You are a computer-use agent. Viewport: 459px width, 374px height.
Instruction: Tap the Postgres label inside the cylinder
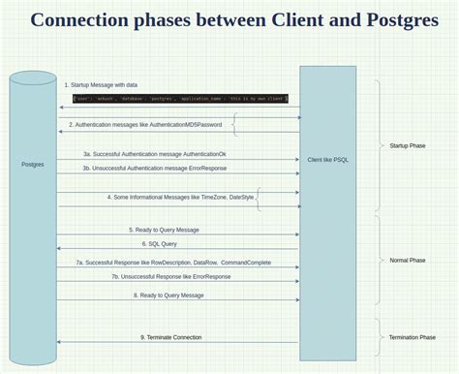pyautogui.click(x=33, y=165)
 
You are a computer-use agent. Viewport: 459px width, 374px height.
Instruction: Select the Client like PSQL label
pyautogui.click(x=328, y=159)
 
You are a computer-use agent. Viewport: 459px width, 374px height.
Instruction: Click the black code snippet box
pyautogui.click(x=180, y=99)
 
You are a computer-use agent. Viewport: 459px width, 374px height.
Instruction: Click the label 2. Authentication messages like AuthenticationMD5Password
pyautogui.click(x=145, y=125)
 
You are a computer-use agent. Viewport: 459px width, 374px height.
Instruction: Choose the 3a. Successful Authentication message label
pyautogui.click(x=155, y=153)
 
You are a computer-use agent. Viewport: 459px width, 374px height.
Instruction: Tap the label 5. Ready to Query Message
pyautogui.click(x=164, y=230)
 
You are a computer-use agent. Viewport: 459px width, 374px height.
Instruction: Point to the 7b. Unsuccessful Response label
pyautogui.click(x=170, y=276)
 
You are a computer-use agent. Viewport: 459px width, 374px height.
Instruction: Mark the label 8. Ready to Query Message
pyautogui.click(x=168, y=295)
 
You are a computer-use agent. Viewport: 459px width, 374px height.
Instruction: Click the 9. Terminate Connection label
pyautogui.click(x=170, y=337)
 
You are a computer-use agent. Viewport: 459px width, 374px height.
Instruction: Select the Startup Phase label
pyautogui.click(x=407, y=146)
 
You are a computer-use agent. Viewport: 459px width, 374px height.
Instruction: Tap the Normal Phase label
pyautogui.click(x=407, y=261)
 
